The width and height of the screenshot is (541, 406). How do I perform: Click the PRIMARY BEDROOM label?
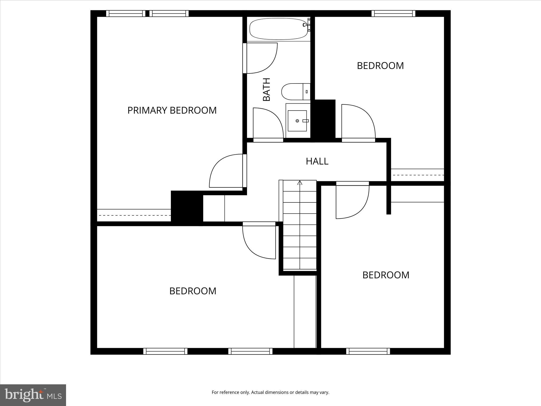[x=172, y=110]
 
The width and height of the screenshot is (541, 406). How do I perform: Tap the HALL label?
[x=317, y=161]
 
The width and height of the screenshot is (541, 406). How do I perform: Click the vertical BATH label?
[x=267, y=89]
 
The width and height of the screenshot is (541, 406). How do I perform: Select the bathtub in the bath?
[x=279, y=29]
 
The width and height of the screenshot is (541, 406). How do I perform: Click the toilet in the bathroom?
[x=295, y=91]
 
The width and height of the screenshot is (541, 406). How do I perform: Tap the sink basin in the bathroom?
[x=297, y=121]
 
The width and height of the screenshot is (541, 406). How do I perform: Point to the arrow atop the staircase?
[x=300, y=182]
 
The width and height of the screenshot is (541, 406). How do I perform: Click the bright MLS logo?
[x=33, y=395]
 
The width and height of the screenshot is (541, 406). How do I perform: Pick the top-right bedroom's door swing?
[x=358, y=122]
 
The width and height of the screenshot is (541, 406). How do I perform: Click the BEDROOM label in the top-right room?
[x=380, y=66]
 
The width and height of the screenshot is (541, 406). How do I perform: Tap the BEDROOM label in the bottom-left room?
[x=193, y=291]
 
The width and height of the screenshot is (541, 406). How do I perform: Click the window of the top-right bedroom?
[x=393, y=13]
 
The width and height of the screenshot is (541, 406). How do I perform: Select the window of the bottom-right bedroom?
[x=368, y=351]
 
